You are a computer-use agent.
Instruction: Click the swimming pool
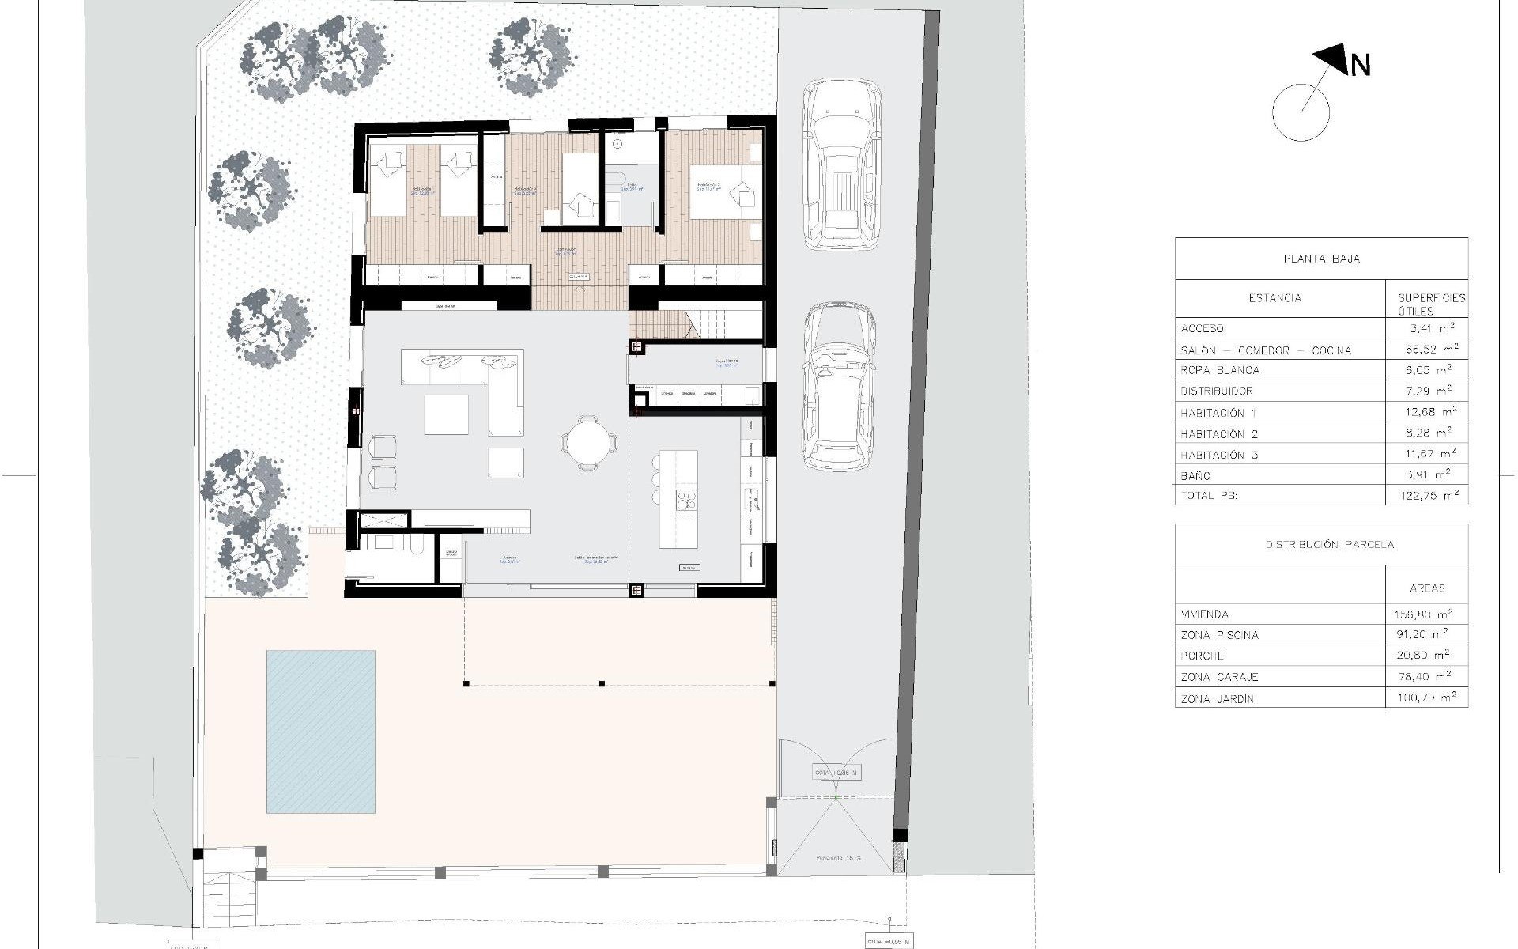pos(320,732)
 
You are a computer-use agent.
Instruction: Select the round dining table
pos(588,443)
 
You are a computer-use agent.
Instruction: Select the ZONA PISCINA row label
pos(1219,635)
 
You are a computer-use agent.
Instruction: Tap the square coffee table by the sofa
pos(445,414)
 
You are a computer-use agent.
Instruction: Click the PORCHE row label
pos(1202,656)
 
